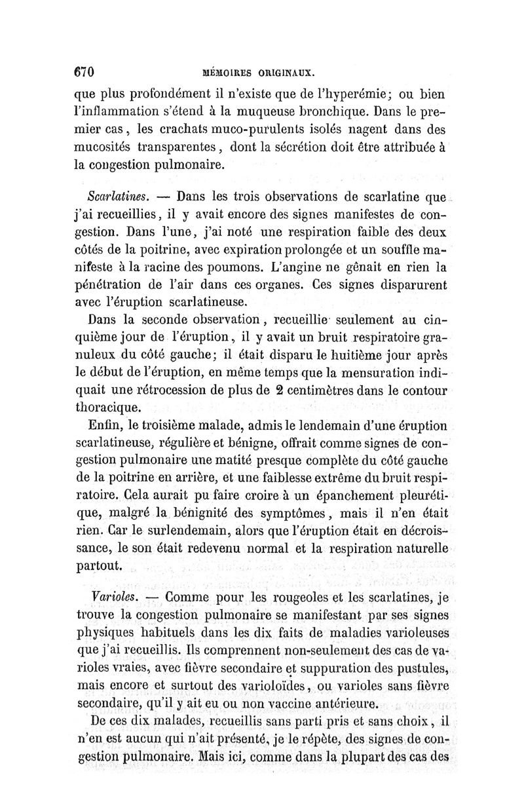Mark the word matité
269,462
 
